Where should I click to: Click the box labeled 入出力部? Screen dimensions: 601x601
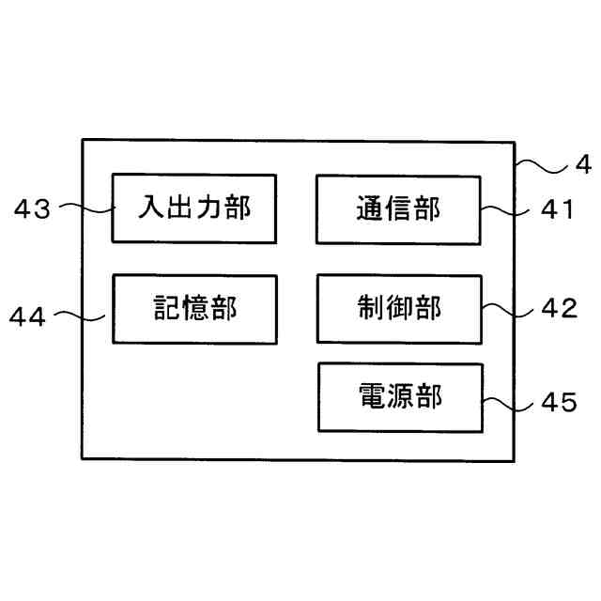click(194, 208)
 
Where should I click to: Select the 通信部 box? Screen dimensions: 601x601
click(398, 208)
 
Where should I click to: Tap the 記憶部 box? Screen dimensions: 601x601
click(194, 308)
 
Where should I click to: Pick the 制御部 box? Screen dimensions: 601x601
click(399, 308)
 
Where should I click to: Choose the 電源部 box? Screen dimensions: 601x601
click(400, 397)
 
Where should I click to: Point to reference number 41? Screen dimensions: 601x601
click(557, 209)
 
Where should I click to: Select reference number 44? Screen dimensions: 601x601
click(27, 317)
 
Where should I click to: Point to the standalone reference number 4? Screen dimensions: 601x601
click(582, 166)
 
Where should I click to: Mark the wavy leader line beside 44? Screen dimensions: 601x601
click(82, 316)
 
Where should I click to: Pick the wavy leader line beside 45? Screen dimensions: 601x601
click(509, 401)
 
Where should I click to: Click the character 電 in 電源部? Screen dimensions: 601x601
click(372, 397)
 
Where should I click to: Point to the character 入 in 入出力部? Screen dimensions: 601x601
click(154, 208)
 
